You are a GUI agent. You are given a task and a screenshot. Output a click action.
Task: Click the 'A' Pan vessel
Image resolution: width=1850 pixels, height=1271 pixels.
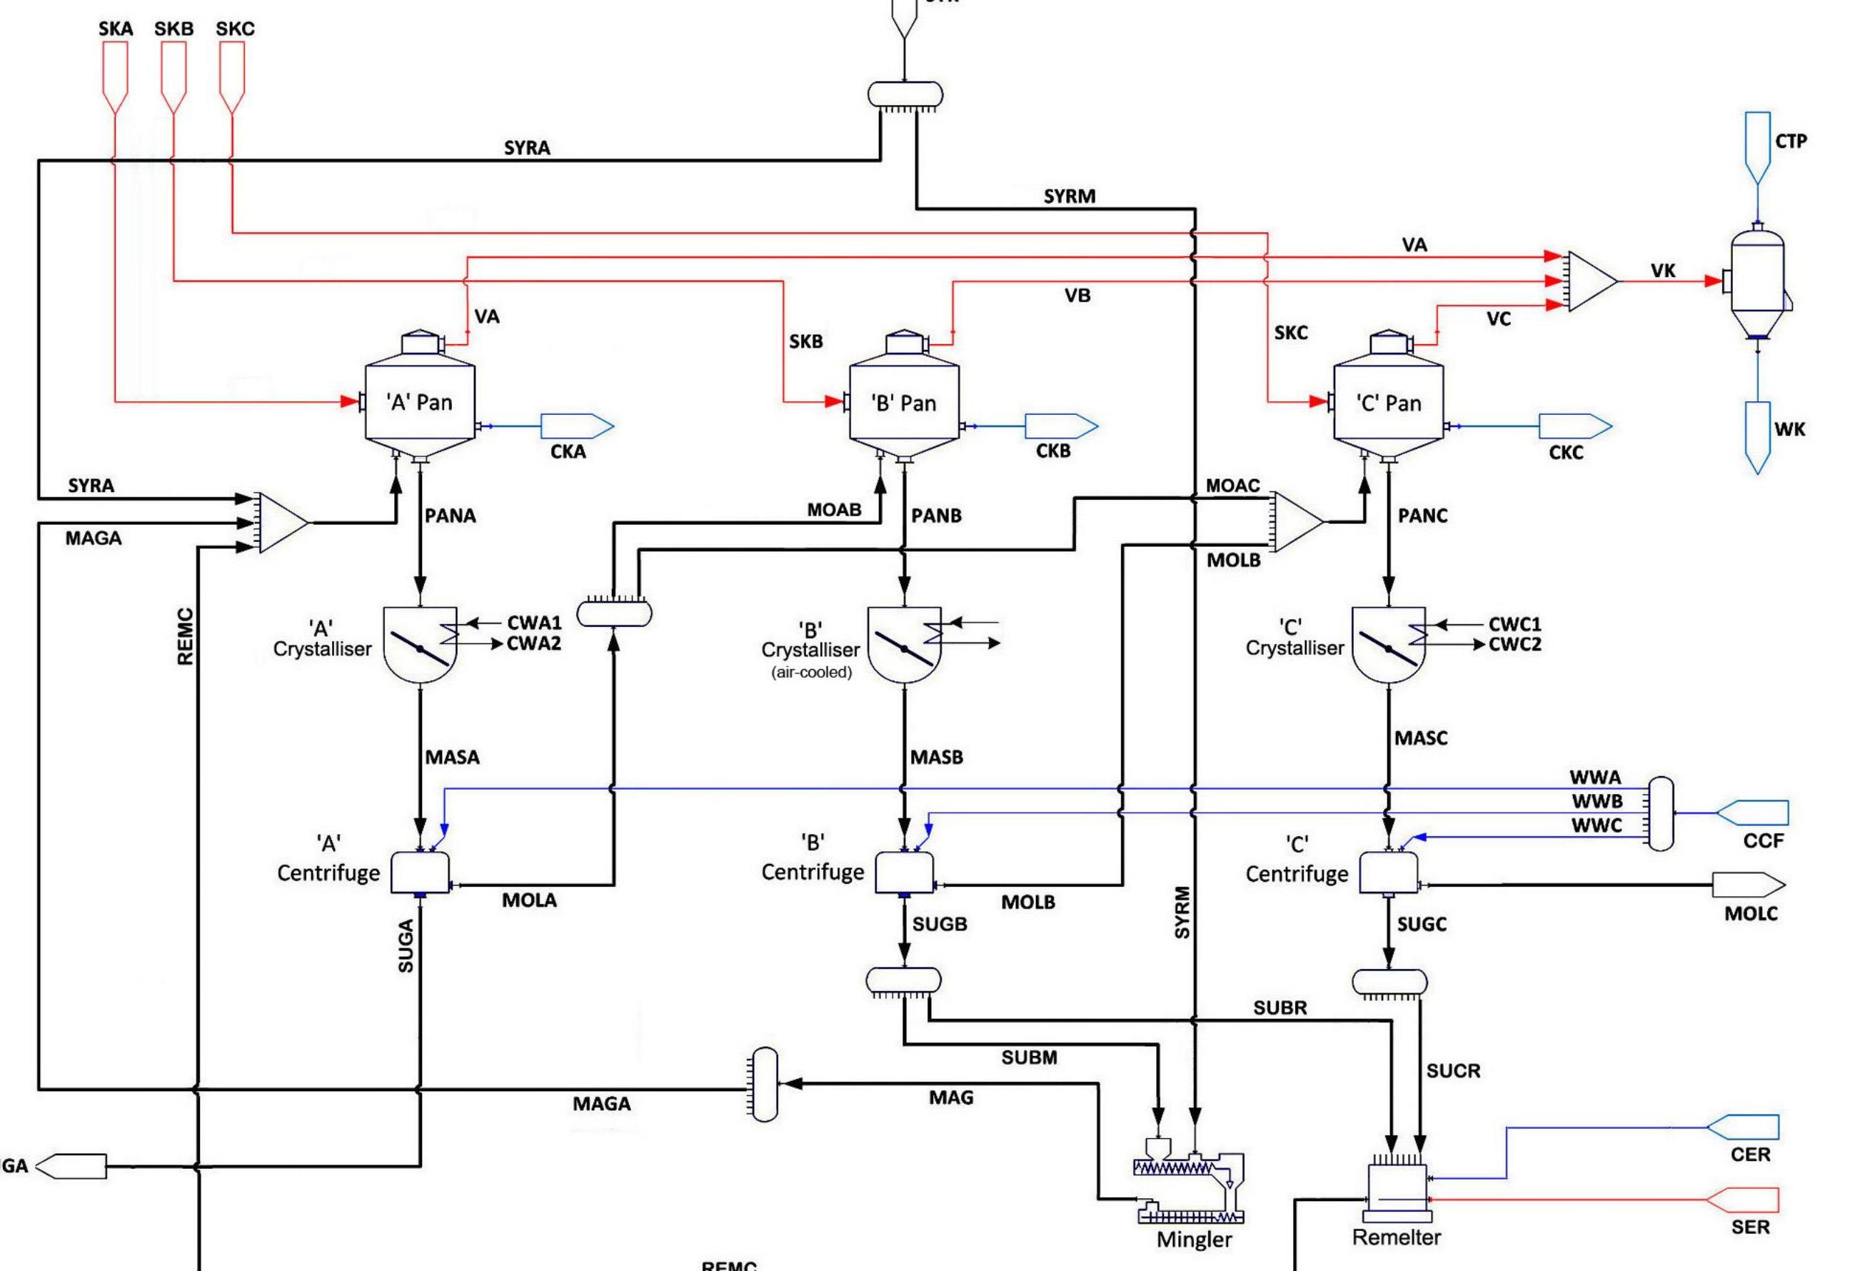pos(420,402)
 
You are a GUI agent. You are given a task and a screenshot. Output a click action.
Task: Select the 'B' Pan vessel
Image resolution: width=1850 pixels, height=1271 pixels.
pos(904,403)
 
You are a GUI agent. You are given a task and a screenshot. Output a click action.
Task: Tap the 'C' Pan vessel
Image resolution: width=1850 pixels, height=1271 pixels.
pos(1388,403)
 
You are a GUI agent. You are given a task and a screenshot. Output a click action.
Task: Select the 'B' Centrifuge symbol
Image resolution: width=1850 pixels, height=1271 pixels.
pos(904,873)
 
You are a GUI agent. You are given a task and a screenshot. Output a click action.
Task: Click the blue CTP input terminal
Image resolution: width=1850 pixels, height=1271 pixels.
pos(1758,146)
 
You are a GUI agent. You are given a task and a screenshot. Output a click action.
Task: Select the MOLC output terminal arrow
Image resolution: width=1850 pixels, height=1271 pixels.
pos(1748,884)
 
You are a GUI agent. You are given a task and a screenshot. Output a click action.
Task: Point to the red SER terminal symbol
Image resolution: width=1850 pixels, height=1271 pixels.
pos(1744,1200)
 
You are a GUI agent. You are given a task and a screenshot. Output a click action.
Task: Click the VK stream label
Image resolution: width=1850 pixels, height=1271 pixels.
pos(1663,271)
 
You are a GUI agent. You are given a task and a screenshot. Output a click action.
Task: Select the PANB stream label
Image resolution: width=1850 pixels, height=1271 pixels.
pos(937,516)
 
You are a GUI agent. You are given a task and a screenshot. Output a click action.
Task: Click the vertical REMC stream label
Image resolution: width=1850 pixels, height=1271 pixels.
pos(185,635)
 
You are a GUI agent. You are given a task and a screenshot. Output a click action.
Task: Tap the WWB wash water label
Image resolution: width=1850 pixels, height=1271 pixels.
pos(1597,801)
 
